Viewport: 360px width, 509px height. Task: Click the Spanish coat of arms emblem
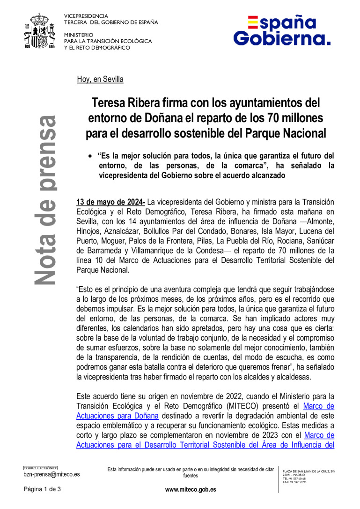point(42,33)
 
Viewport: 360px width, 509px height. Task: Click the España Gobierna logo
point(282,30)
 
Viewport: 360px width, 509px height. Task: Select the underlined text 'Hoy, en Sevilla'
point(100,80)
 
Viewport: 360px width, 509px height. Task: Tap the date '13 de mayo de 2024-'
point(111,203)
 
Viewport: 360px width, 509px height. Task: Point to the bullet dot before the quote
point(91,155)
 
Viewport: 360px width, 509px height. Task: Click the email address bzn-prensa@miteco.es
point(51,474)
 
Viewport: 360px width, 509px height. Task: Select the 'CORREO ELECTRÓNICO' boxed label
point(41,468)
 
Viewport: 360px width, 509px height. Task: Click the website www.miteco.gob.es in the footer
point(191,489)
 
